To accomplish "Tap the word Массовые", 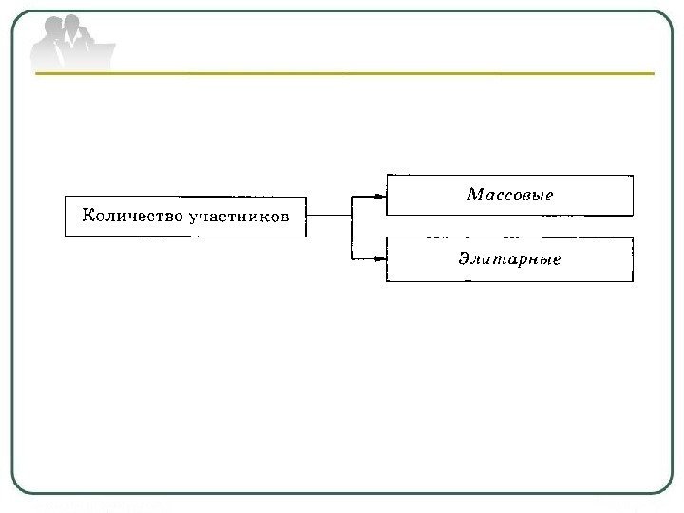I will pyautogui.click(x=509, y=195).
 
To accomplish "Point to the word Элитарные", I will pyautogui.click(x=509, y=258).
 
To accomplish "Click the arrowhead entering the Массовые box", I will pyautogui.click(x=380, y=197).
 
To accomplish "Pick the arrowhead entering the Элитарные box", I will pyautogui.click(x=380, y=257).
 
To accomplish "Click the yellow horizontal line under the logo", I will pyautogui.click(x=380, y=73).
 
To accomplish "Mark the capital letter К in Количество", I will pyautogui.click(x=88, y=216).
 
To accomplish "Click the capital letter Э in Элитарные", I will pyautogui.click(x=465, y=258).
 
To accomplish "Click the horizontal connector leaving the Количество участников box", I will pyautogui.click(x=331, y=217).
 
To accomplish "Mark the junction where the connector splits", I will pyautogui.click(x=352, y=217).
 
